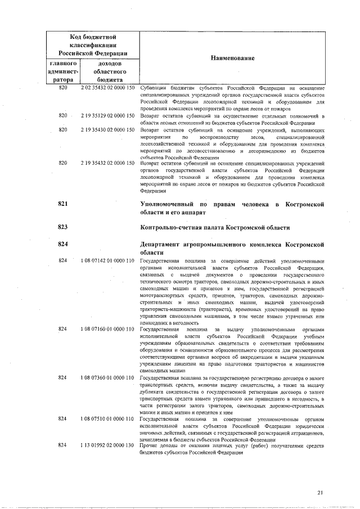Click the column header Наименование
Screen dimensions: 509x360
click(233, 58)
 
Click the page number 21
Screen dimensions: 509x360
click(320, 493)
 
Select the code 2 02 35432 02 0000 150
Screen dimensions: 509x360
click(108, 89)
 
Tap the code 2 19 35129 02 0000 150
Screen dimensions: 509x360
click(108, 115)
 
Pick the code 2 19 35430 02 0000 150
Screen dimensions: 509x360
click(108, 130)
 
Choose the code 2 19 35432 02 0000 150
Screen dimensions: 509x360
click(108, 163)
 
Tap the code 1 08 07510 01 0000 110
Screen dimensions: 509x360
click(108, 419)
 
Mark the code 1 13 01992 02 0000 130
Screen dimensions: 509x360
click(108, 445)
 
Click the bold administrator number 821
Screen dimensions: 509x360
click(63, 203)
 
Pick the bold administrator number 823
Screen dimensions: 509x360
click(63, 227)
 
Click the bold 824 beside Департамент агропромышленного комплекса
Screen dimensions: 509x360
click(63, 245)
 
